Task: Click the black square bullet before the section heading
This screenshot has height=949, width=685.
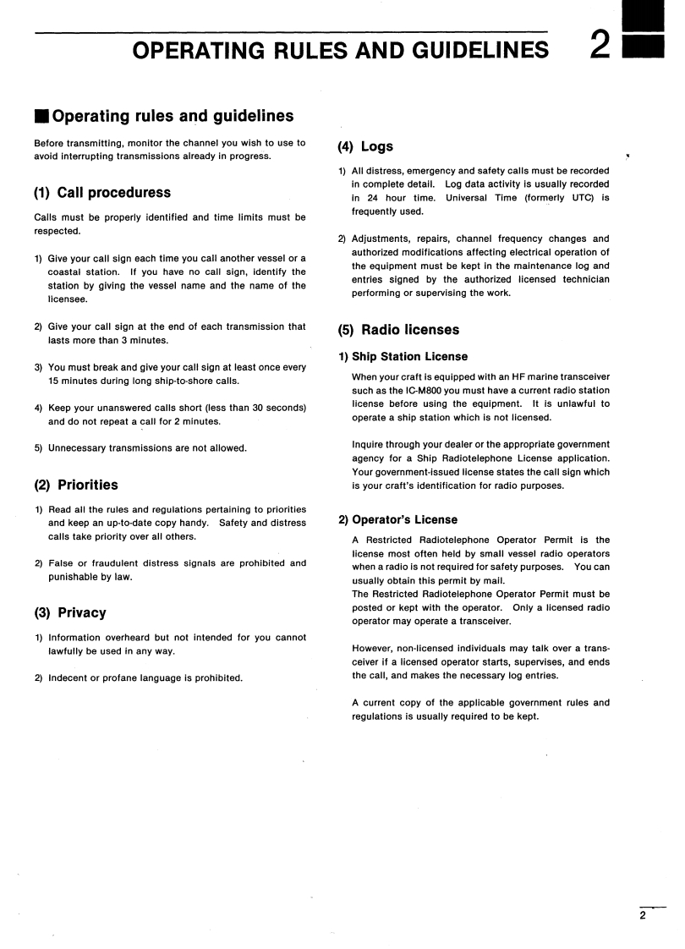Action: [x=41, y=117]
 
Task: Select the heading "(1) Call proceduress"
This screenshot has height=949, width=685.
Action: [x=101, y=193]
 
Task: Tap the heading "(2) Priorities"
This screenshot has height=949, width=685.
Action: [x=76, y=485]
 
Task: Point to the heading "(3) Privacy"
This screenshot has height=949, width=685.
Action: [x=70, y=612]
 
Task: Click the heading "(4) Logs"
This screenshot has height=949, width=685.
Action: [x=365, y=146]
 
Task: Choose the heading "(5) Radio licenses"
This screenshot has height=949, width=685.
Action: [x=398, y=330]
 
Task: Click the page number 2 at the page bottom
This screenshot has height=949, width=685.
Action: [x=643, y=915]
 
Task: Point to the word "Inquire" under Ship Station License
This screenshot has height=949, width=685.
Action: [x=370, y=445]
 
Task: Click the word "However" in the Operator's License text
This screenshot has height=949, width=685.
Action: [x=373, y=649]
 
